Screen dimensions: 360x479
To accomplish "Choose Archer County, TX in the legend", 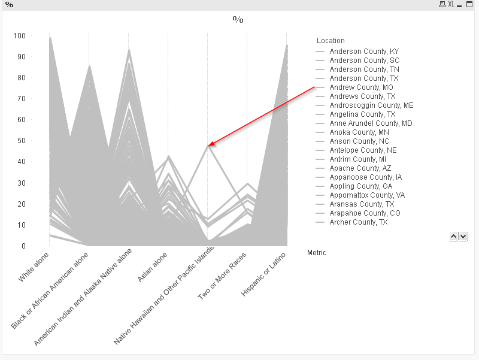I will [359, 222].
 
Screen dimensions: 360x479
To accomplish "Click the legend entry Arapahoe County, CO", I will [365, 213].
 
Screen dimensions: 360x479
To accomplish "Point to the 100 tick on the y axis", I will [20, 36].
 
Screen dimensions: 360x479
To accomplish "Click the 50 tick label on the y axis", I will [22, 141].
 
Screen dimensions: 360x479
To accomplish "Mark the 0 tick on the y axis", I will [23, 246].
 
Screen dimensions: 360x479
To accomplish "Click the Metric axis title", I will [316, 253].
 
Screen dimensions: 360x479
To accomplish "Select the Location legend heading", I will [331, 41].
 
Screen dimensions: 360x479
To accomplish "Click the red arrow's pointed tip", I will [209, 145].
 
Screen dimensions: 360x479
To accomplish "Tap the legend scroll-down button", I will [463, 237].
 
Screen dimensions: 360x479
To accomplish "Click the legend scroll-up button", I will [453, 237].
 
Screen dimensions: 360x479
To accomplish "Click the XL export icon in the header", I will [451, 4].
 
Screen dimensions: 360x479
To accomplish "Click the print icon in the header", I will [442, 4].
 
